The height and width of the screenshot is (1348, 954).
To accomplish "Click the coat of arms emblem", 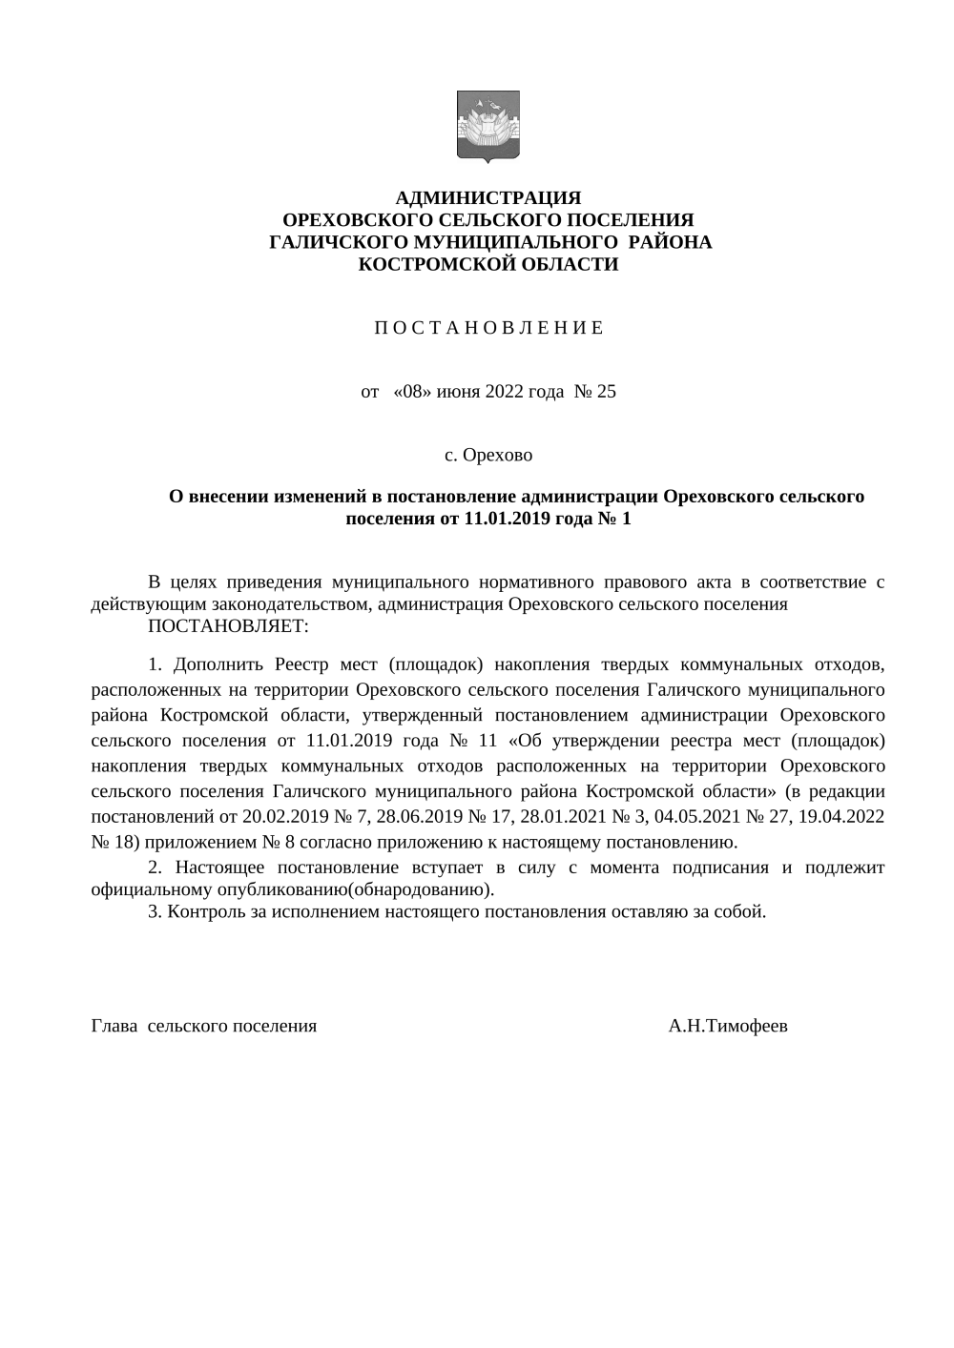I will pos(487,126).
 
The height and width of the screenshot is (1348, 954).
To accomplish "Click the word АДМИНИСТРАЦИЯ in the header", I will pos(487,198).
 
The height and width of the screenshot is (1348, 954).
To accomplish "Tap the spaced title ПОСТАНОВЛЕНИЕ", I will pos(487,329).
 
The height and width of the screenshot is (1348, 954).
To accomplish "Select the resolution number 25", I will pos(607,392).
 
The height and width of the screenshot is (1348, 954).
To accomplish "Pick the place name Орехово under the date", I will pos(498,455).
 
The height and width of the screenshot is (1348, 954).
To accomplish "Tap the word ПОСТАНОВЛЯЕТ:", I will pos(228,626).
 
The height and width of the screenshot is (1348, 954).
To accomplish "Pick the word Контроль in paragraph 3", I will pos(202,911).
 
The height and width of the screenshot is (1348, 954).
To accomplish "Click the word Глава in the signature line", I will pos(114,1027).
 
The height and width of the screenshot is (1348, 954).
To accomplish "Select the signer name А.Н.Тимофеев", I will pos(728,1027).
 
